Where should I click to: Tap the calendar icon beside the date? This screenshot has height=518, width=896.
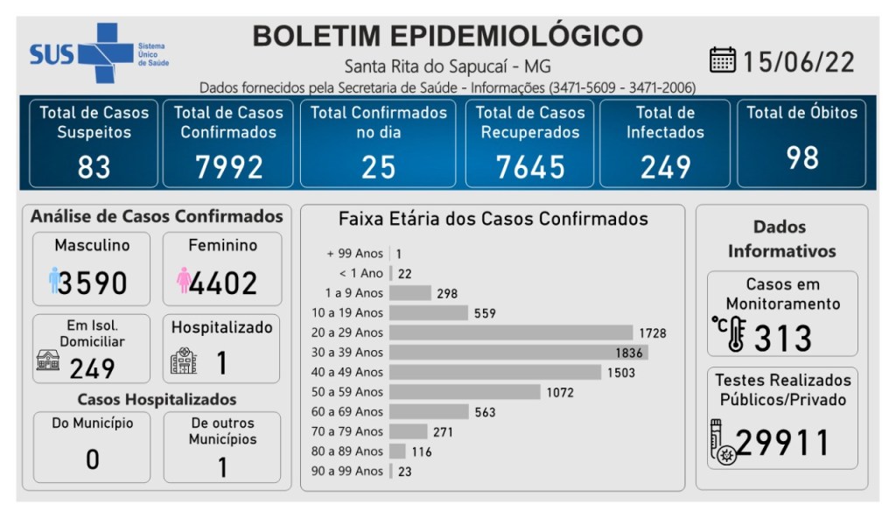pyautogui.click(x=723, y=60)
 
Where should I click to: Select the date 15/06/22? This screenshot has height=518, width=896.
pyautogui.click(x=798, y=61)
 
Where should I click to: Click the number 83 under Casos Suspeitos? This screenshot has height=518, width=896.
pyautogui.click(x=94, y=166)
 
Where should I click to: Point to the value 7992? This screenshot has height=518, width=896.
pyautogui.click(x=228, y=166)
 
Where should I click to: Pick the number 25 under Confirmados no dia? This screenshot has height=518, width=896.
pyautogui.click(x=378, y=166)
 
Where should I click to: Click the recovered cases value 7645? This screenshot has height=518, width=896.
pyautogui.click(x=529, y=166)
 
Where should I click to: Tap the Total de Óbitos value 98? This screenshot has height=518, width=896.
pyautogui.click(x=801, y=157)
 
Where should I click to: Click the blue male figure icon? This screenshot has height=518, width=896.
pyautogui.click(x=54, y=281)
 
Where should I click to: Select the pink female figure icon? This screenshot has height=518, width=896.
pyautogui.click(x=183, y=281)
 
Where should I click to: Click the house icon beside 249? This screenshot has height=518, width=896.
pyautogui.click(x=48, y=360)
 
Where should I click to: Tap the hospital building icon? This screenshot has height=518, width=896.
pyautogui.click(x=184, y=360)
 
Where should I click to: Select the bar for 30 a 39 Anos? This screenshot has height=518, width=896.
pyautogui.click(x=518, y=353)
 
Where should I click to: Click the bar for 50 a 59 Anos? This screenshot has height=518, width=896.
pyautogui.click(x=465, y=392)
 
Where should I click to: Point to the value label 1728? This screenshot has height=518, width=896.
pyautogui.click(x=652, y=333)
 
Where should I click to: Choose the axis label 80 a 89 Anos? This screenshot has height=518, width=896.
pyautogui.click(x=348, y=451)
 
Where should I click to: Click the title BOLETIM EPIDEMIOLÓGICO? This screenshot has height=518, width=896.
pyautogui.click(x=447, y=37)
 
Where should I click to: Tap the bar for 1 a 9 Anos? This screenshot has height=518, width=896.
pyautogui.click(x=410, y=293)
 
